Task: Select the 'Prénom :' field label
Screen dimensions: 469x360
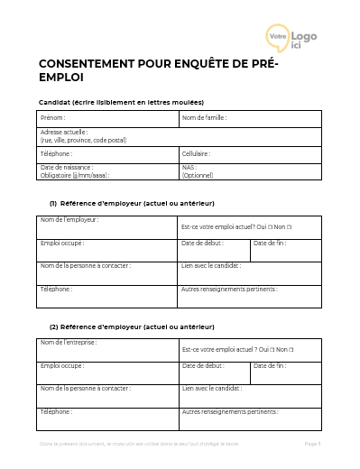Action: coord(54,118)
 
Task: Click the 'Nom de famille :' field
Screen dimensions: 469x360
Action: coord(204,118)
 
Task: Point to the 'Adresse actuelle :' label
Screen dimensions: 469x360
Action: coord(64,132)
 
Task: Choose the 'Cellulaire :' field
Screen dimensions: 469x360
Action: coord(196,153)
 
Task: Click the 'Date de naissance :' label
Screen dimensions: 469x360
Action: coord(67,167)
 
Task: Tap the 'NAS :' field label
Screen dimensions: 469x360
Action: coord(189,167)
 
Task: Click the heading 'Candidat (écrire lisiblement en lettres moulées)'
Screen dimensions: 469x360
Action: coord(121,102)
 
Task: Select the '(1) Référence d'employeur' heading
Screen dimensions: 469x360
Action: coord(132,203)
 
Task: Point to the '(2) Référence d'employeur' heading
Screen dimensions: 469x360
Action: coord(132,326)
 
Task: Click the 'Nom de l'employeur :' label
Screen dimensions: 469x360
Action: coord(69,220)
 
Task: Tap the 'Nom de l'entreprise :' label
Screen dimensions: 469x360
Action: coord(69,343)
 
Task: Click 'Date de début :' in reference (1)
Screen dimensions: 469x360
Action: coord(203,243)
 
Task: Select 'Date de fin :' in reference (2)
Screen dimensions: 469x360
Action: coord(270,365)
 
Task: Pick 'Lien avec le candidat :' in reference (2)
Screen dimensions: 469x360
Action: coord(212,388)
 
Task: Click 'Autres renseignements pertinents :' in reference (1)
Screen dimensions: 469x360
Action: coord(229,289)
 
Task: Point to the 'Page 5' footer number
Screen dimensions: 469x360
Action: coord(312,445)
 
